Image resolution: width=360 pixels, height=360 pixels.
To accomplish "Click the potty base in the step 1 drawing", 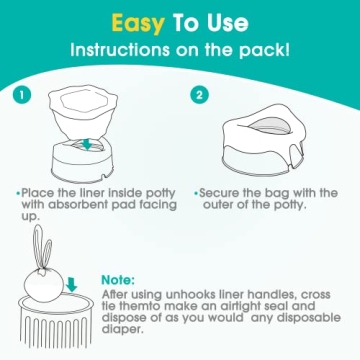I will coord(93,160).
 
